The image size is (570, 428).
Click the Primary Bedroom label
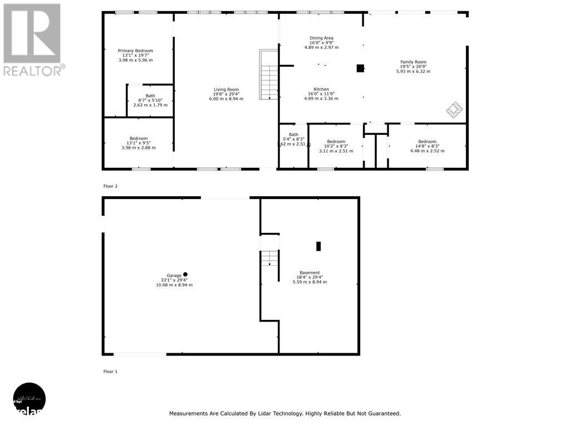(135, 51)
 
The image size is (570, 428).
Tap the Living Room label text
(226, 89)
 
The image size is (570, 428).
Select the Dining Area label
(321, 38)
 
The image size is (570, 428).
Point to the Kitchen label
(321, 89)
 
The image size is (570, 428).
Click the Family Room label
(413, 62)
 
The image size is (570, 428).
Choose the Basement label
(309, 273)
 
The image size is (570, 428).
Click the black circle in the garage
(185, 274)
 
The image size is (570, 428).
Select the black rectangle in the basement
(319, 246)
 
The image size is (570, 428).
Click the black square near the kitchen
(360, 69)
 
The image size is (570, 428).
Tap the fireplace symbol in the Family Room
(455, 110)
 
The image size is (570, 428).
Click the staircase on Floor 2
(269, 75)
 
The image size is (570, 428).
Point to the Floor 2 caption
(110, 186)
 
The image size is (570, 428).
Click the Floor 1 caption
(110, 371)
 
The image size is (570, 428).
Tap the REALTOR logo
(33, 39)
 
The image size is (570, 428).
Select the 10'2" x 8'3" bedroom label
(336, 142)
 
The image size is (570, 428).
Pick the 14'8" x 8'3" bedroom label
(427, 142)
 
